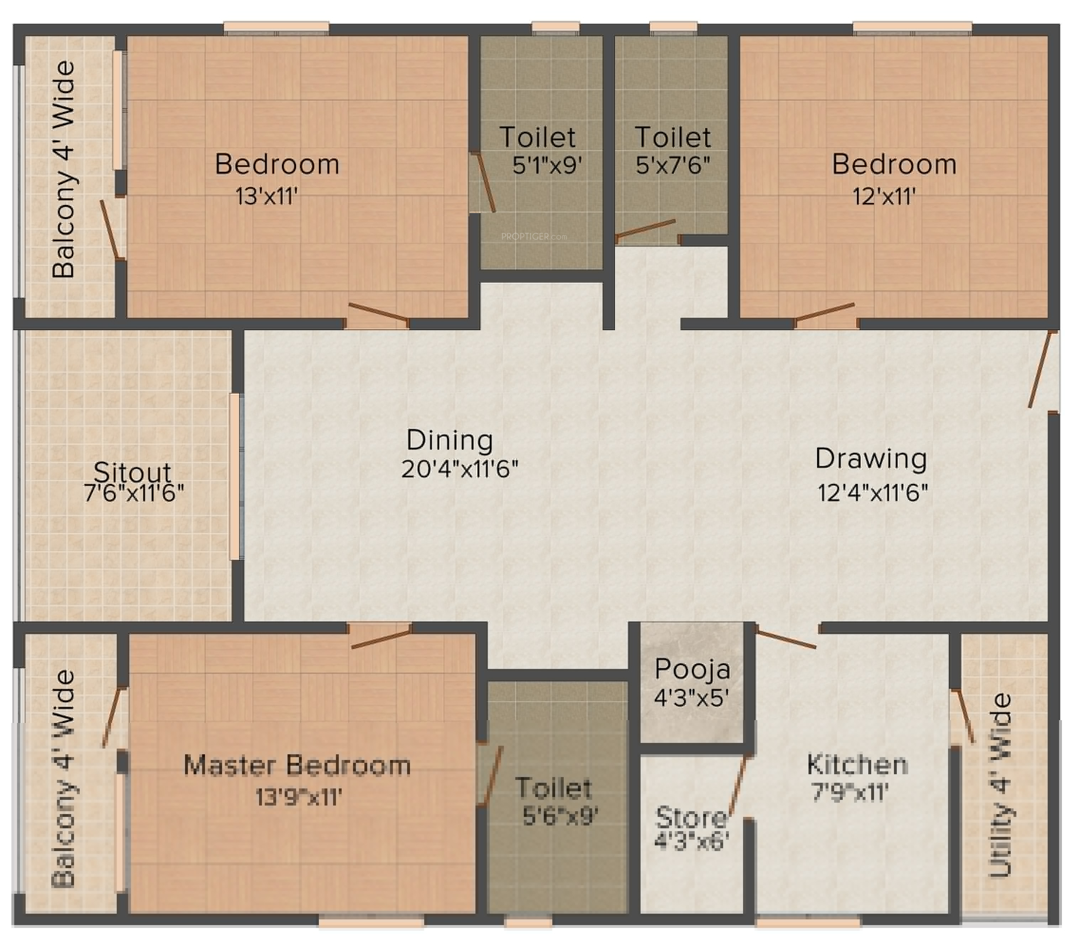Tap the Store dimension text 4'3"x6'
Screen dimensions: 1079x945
point(691,841)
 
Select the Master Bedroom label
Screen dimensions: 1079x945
point(297,765)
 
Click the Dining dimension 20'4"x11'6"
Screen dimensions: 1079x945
point(459,468)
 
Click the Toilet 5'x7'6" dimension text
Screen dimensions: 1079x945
point(672,165)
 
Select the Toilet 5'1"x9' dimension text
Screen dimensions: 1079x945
point(547,165)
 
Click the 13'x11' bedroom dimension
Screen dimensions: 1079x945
point(267,197)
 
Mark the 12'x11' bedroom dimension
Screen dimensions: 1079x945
point(884,197)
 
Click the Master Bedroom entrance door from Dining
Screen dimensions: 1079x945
point(381,639)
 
